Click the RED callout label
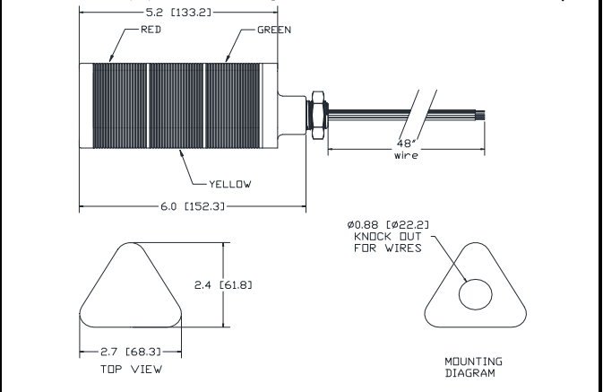click(x=151, y=30)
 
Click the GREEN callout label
click(x=274, y=30)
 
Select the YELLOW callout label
click(x=230, y=184)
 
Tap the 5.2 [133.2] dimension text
click(x=178, y=13)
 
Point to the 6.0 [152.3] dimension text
click(x=193, y=206)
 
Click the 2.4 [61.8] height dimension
click(x=223, y=285)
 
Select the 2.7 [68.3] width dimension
click(x=131, y=352)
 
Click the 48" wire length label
click(x=406, y=150)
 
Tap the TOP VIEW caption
click(x=131, y=370)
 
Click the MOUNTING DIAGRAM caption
click(x=473, y=367)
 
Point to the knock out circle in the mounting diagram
click(x=476, y=279)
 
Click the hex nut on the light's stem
click(x=318, y=115)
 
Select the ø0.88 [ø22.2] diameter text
click(x=388, y=224)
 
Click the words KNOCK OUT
click(x=388, y=236)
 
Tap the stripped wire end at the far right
click(x=480, y=115)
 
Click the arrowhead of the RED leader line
click(x=110, y=59)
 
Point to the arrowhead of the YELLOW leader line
click(x=181, y=152)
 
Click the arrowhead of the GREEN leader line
click(x=227, y=59)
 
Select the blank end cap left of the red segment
click(x=86, y=106)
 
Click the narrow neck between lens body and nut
click(x=292, y=115)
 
